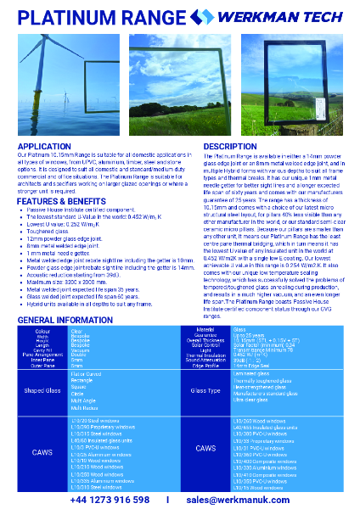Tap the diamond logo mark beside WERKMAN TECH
(203, 16)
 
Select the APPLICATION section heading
(44, 147)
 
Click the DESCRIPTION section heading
(230, 147)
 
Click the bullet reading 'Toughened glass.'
(71, 230)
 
